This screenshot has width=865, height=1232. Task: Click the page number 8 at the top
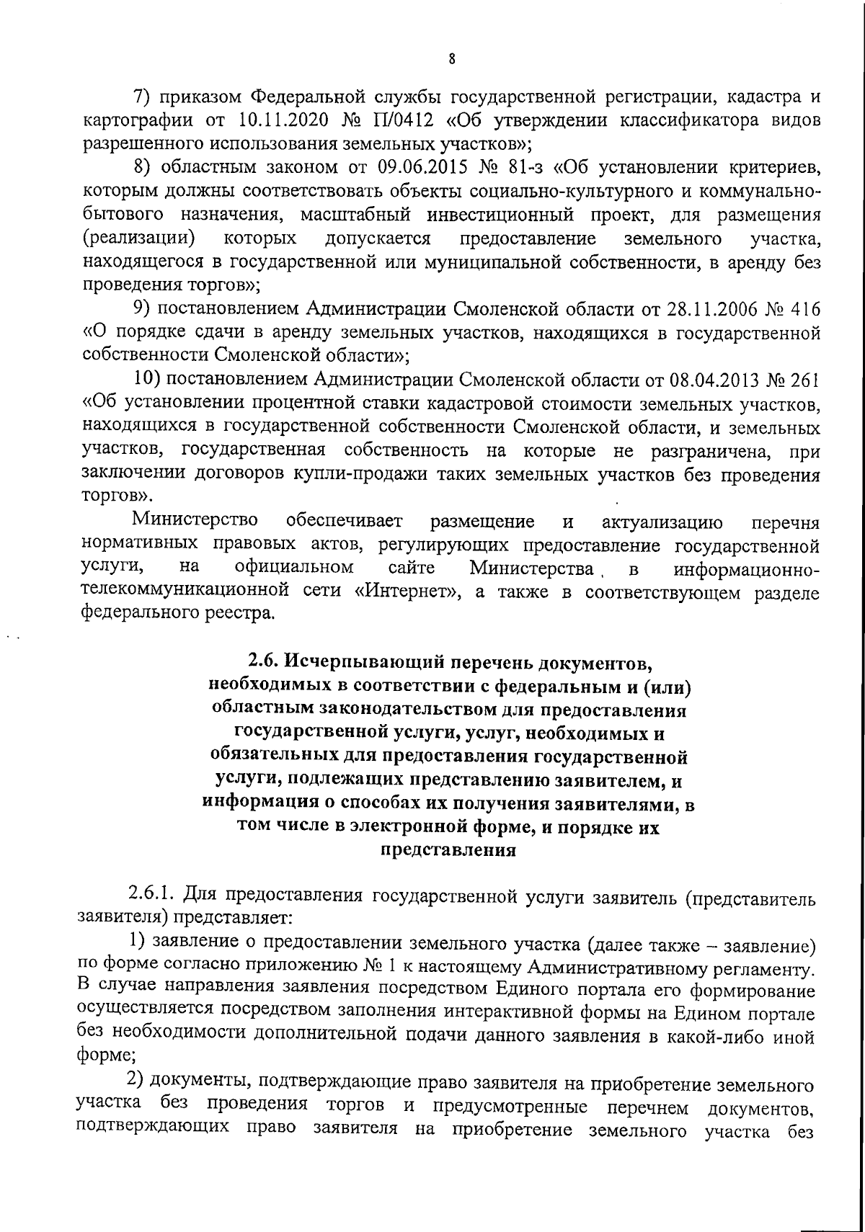click(451, 60)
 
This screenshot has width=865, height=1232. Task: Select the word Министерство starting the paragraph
click(196, 521)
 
